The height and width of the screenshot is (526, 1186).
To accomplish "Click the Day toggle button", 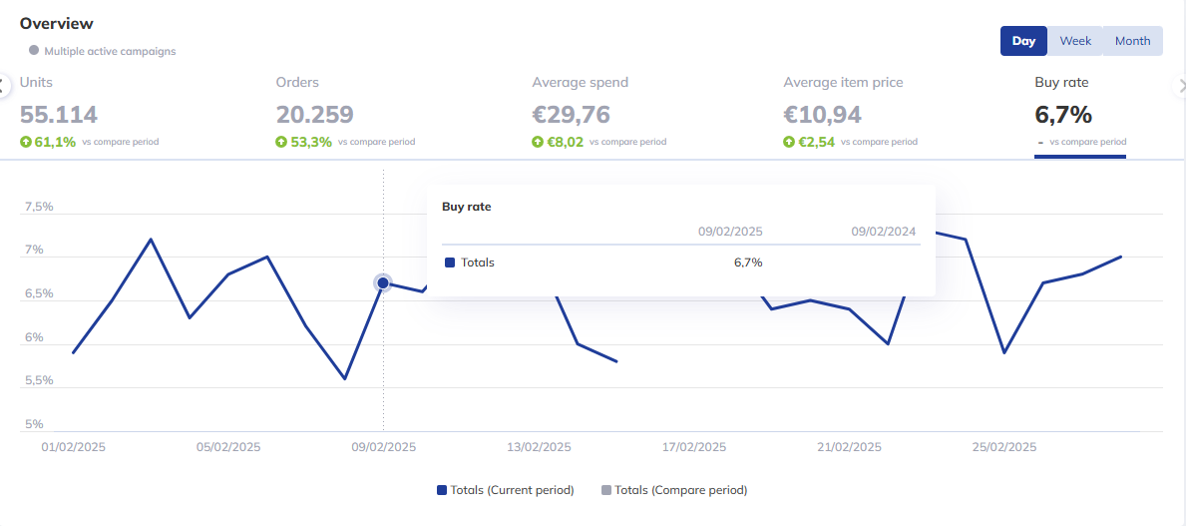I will [1023, 41].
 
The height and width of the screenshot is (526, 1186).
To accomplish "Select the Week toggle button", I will [1075, 41].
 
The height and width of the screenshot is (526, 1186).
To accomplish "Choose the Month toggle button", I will [1132, 41].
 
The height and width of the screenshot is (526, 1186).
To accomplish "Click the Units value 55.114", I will [59, 115].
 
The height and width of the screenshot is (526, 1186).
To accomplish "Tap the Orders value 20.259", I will [314, 115].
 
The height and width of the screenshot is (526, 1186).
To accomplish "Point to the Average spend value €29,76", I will [571, 115].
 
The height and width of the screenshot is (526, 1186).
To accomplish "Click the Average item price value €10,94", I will [822, 115].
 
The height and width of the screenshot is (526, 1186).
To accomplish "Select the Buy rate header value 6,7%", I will [1063, 115].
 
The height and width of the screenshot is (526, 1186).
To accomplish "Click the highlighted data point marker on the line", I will [383, 283].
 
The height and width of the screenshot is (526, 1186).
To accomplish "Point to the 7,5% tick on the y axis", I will [39, 208].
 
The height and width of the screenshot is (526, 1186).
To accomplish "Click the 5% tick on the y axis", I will [35, 424].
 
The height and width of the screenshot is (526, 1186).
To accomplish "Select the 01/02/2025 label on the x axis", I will [73, 447].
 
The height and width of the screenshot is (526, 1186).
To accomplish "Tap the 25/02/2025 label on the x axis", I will [1004, 447].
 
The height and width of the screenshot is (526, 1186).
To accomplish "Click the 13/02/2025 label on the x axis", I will [539, 447].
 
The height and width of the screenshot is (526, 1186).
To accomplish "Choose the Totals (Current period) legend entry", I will [506, 490].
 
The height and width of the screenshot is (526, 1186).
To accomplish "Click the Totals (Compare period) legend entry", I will [674, 490].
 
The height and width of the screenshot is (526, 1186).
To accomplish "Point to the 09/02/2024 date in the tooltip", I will [883, 232].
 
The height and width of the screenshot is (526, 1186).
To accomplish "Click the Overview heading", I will [57, 23].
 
